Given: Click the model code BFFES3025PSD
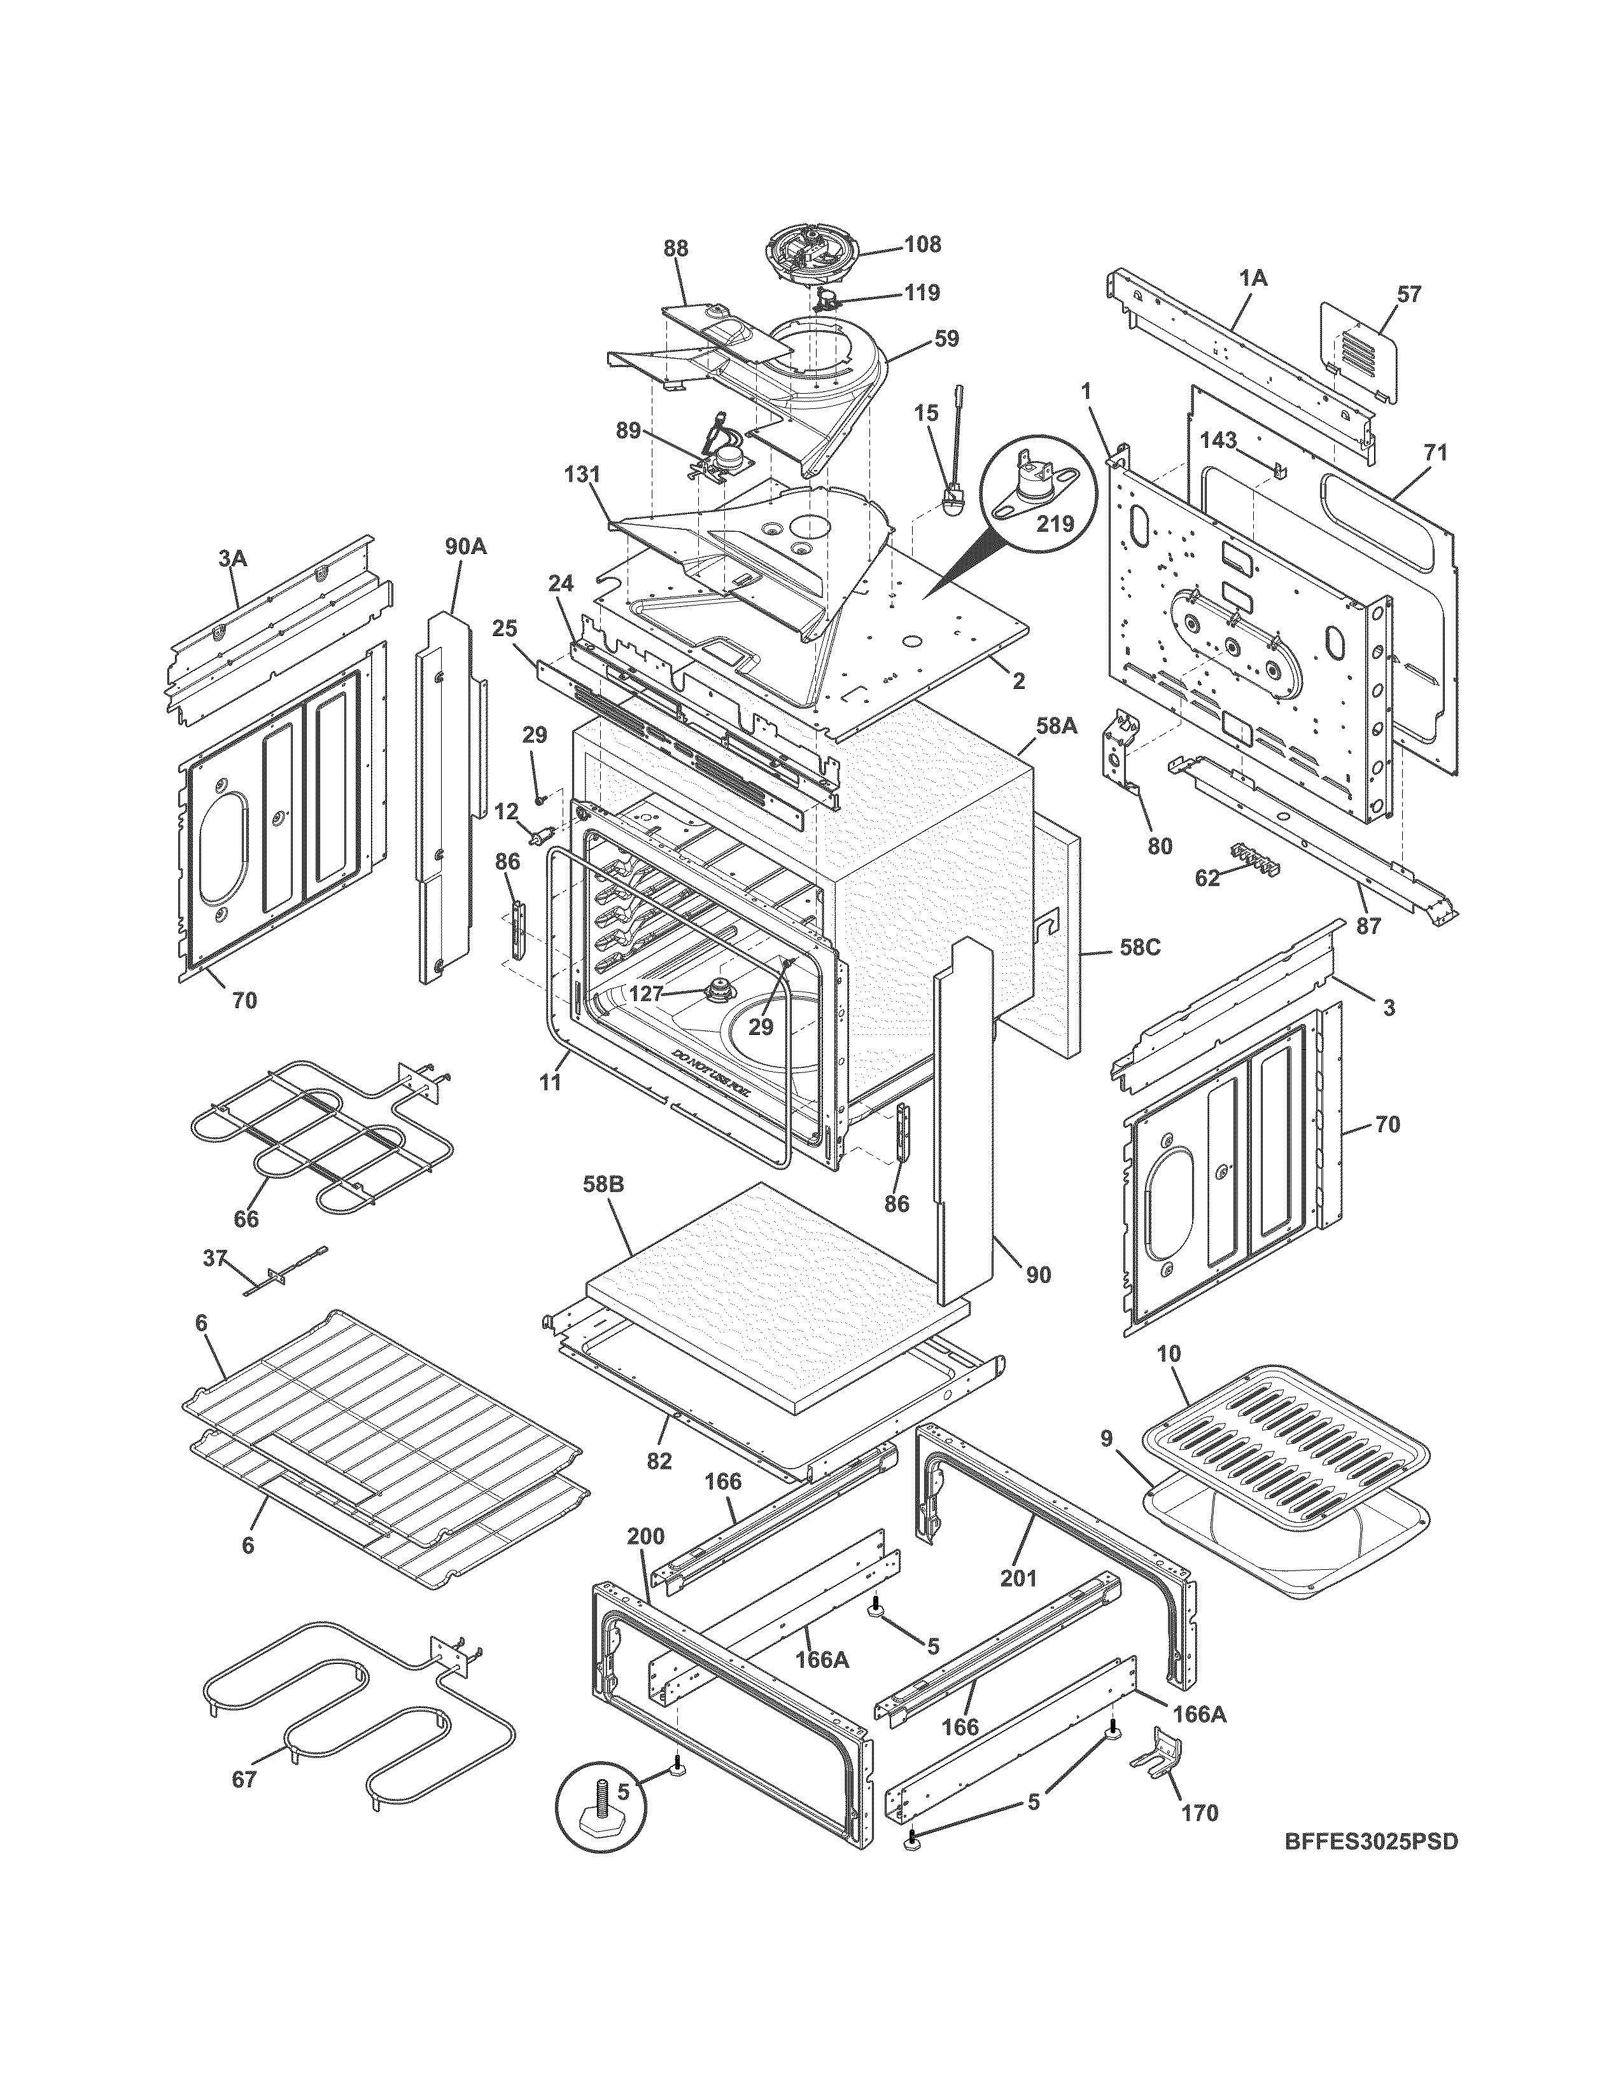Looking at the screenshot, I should coord(1371,1869).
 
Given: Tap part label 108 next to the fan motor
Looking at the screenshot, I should coord(922,244).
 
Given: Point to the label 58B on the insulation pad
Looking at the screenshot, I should coord(603,1185).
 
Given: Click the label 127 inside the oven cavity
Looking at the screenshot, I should coord(645,994).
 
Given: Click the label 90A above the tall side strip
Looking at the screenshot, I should coord(465,548).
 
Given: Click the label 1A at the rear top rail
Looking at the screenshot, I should coord(1252,279).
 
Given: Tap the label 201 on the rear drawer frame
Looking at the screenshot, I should coord(1019,1577).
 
